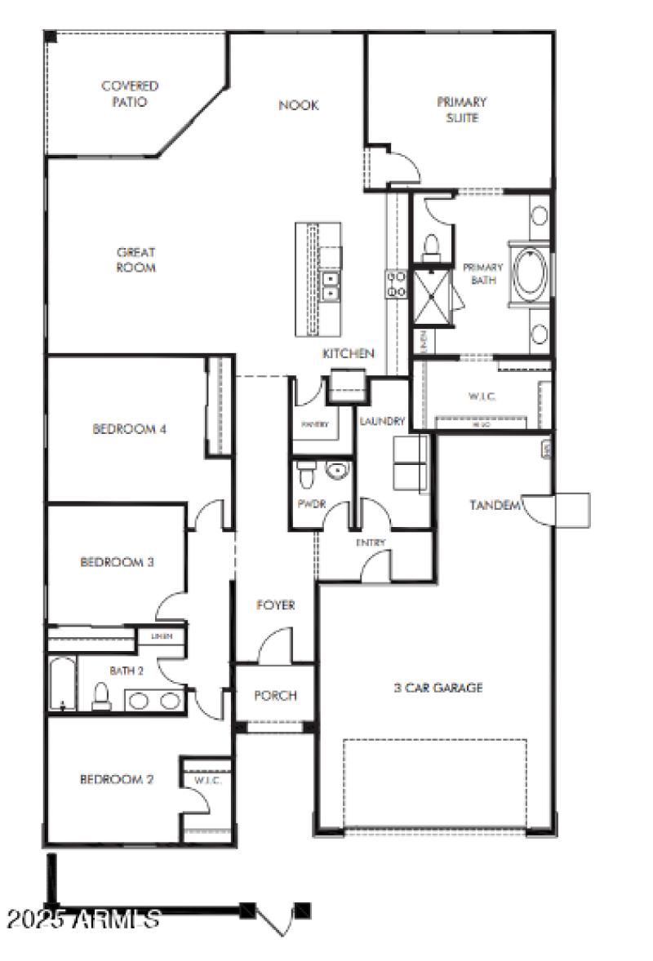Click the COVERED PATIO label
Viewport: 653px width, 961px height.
click(x=130, y=94)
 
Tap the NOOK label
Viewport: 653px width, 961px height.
click(x=298, y=105)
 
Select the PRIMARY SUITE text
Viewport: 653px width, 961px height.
click(x=461, y=110)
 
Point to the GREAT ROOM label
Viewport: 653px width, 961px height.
click(x=135, y=260)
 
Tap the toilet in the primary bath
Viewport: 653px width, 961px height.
click(x=431, y=245)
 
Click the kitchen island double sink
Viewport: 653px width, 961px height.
click(x=331, y=286)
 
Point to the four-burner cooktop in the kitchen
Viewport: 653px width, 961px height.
click(x=397, y=283)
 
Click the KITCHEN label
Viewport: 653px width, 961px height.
click(x=349, y=353)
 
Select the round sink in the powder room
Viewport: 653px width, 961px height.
click(x=335, y=470)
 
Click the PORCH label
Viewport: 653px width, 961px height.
click(x=275, y=696)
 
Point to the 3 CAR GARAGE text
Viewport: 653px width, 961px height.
click(x=438, y=688)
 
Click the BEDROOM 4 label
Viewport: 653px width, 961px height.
click(x=130, y=428)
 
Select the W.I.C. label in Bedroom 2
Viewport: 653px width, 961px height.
click(x=207, y=781)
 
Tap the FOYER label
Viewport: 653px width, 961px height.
click(x=275, y=605)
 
